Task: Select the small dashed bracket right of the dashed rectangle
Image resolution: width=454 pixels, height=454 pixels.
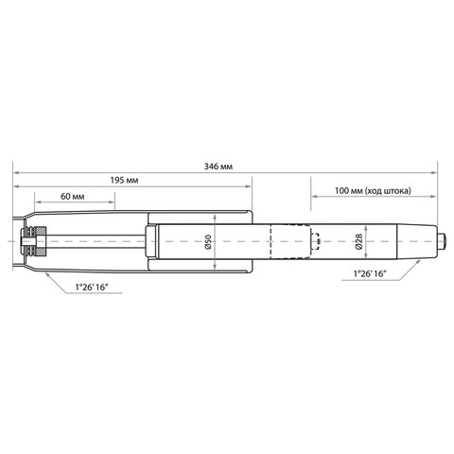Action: [x=318, y=243]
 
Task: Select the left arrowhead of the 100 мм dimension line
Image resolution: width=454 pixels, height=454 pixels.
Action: [x=313, y=199]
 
